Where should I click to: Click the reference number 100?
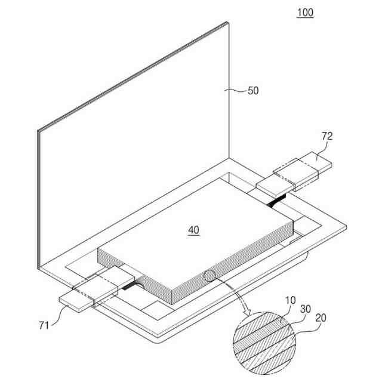click(304, 13)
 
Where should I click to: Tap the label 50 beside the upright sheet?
click(253, 91)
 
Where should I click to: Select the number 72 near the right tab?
click(327, 136)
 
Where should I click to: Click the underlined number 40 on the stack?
click(194, 229)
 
